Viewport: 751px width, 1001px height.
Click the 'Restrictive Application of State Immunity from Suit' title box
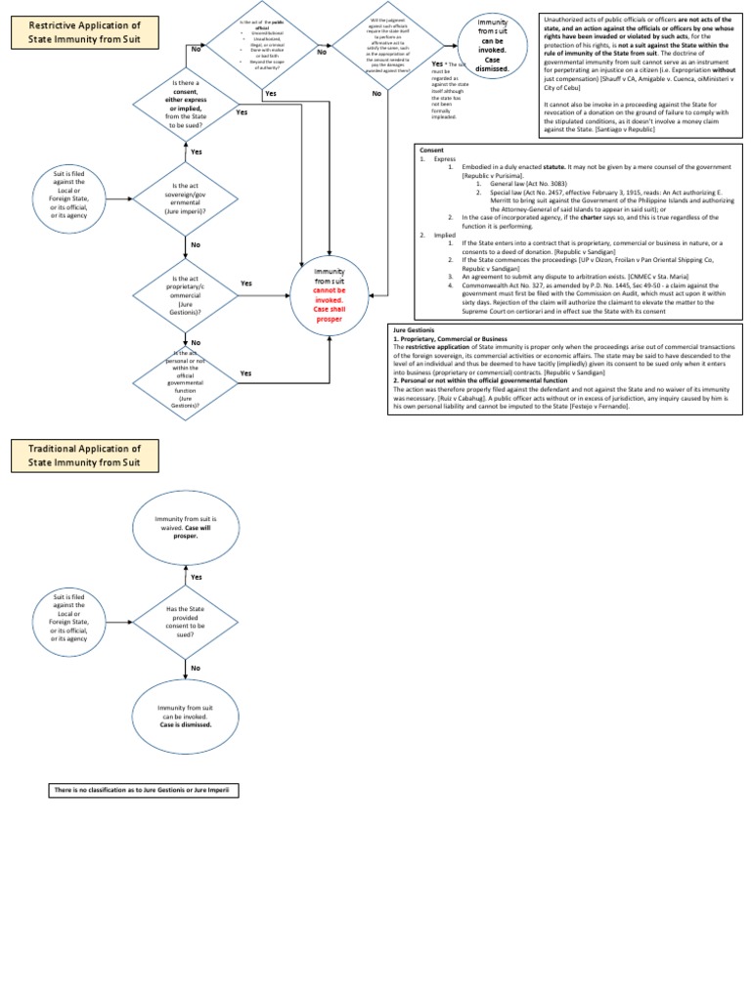coord(85,32)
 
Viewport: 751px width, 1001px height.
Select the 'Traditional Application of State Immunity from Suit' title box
coord(85,456)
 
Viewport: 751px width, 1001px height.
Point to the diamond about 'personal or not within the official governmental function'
coord(185,376)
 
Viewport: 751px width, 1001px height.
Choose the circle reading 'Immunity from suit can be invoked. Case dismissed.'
coord(494,44)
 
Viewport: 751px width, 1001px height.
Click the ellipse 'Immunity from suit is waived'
coord(185,526)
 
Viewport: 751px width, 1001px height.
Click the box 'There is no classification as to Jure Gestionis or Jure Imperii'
coord(143,789)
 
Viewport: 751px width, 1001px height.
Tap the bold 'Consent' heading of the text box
coord(431,151)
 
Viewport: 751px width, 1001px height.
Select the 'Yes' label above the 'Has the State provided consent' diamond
coord(196,578)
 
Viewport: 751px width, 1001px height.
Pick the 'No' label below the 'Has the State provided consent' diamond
coord(195,668)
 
